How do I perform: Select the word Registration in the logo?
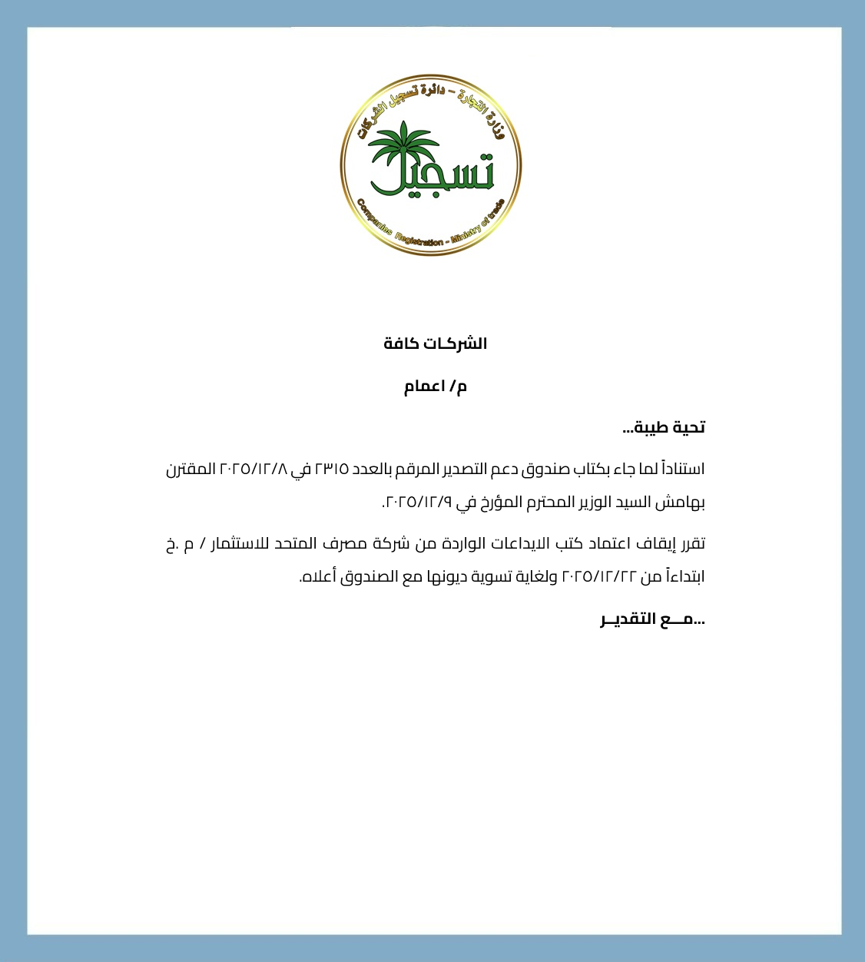point(419,238)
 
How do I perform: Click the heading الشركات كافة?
point(436,343)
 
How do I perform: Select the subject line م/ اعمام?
point(436,386)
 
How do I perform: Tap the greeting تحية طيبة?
point(664,427)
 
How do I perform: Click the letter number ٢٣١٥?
point(332,469)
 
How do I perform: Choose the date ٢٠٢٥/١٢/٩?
point(418,503)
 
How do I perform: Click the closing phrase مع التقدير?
point(652,619)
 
